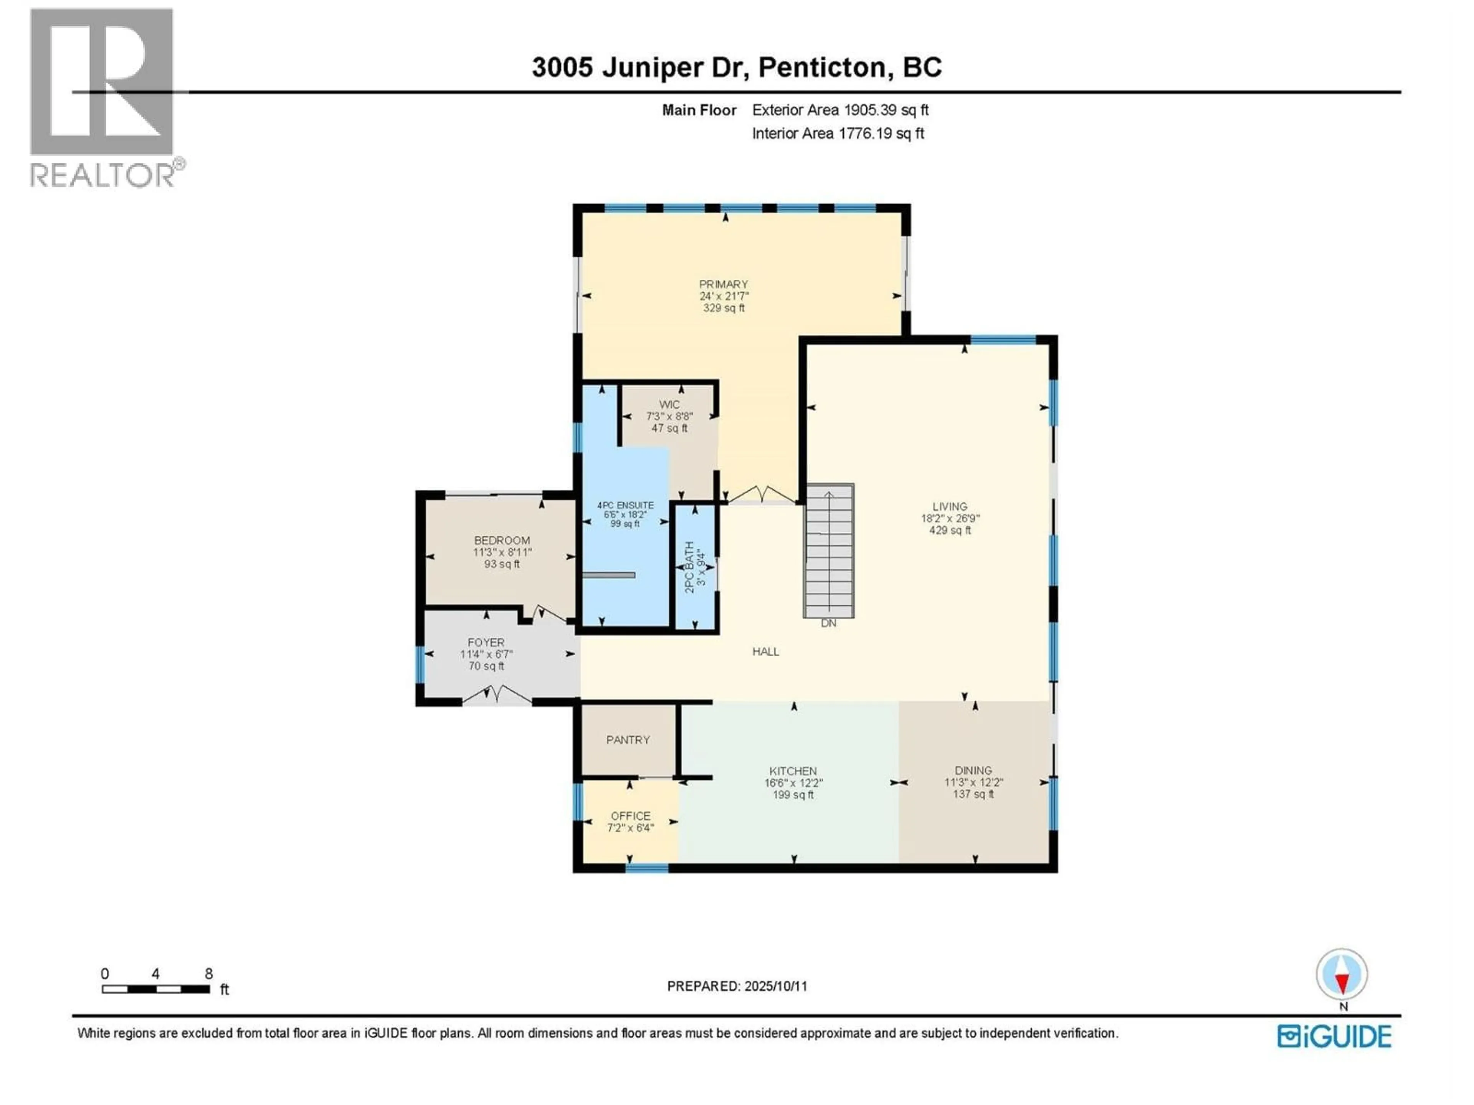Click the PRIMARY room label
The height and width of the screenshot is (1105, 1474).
pyautogui.click(x=723, y=284)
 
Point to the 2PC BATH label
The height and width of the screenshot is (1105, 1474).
pyautogui.click(x=690, y=566)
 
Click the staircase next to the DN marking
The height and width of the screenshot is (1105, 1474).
pyautogui.click(x=828, y=551)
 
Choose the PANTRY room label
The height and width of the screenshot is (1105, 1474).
pyautogui.click(x=628, y=739)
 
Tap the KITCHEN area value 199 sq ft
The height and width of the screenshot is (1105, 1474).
pyautogui.click(x=793, y=795)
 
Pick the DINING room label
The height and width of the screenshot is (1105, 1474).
pyautogui.click(x=973, y=770)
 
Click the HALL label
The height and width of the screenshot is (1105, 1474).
pyautogui.click(x=766, y=651)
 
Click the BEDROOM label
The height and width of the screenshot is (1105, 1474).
pyautogui.click(x=502, y=540)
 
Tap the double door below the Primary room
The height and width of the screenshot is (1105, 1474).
pyautogui.click(x=761, y=495)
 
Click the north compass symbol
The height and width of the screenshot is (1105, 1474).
pyautogui.click(x=1342, y=975)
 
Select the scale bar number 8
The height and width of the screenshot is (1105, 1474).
pyautogui.click(x=208, y=974)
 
